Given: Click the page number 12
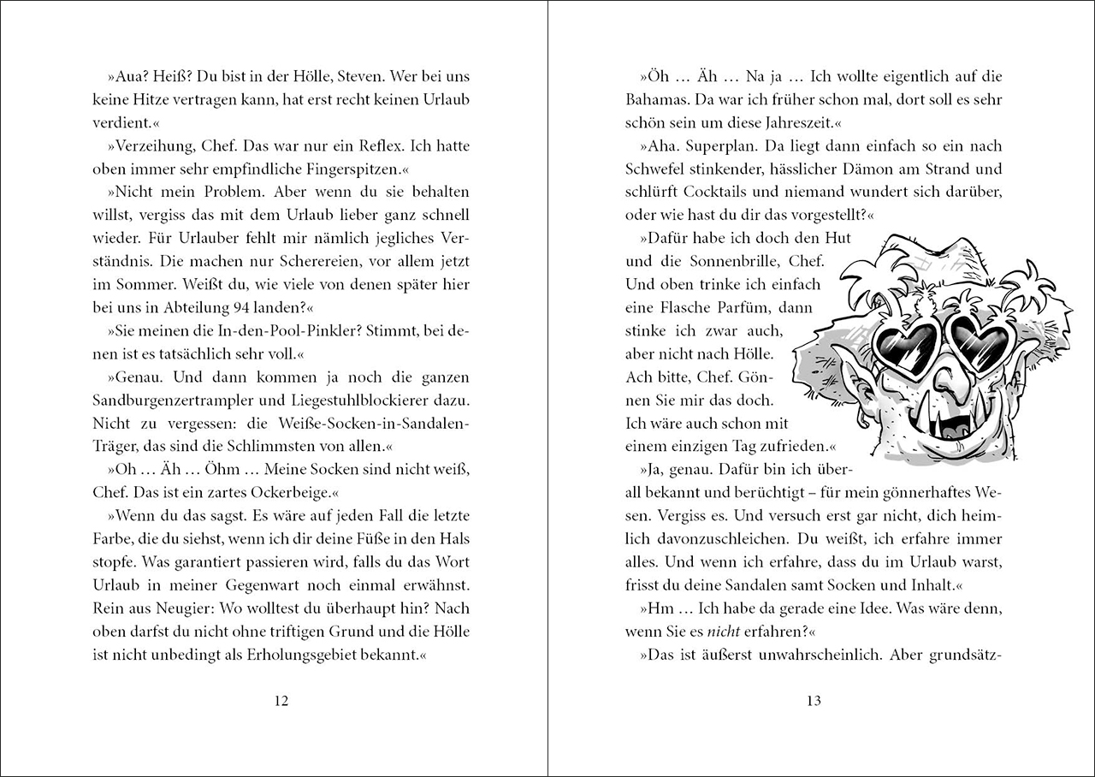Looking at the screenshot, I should [281, 701].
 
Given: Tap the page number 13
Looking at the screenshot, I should [813, 701].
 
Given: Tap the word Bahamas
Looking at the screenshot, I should [655, 100].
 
